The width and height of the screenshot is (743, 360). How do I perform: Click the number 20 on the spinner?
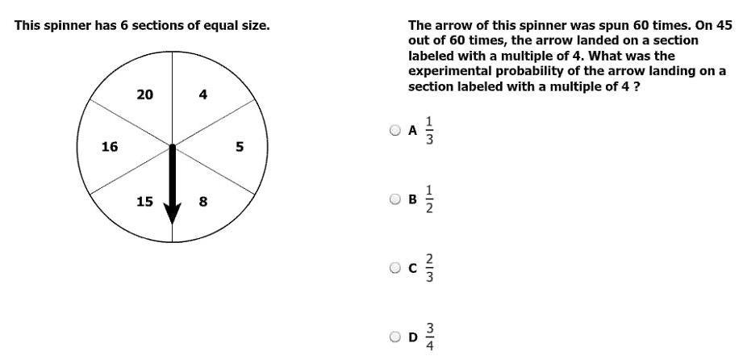click(x=144, y=94)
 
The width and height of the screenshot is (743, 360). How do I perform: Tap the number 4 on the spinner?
click(x=203, y=94)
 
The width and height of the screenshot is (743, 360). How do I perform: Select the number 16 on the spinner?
click(x=110, y=147)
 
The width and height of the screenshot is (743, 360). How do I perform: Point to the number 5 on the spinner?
click(x=239, y=147)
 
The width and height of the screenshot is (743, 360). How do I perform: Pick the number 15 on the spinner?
click(x=144, y=201)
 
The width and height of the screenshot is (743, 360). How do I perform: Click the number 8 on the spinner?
click(x=203, y=201)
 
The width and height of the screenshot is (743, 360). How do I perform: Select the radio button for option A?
click(x=395, y=130)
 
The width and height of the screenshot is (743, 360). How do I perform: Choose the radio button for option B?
click(x=395, y=199)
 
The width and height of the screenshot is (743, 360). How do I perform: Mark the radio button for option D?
click(x=395, y=337)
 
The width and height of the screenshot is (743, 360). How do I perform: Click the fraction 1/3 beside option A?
click(x=430, y=130)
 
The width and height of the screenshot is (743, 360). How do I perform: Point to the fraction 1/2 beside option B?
click(x=430, y=199)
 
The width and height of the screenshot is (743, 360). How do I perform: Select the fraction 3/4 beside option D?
click(x=430, y=337)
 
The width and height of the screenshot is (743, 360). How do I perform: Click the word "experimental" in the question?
click(x=447, y=71)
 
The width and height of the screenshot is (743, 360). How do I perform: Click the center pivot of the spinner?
click(x=173, y=146)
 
